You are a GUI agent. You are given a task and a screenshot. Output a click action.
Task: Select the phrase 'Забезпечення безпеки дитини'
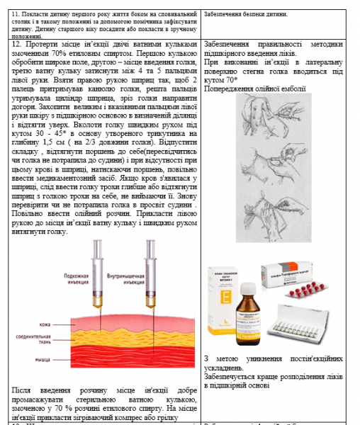coord(245,14)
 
